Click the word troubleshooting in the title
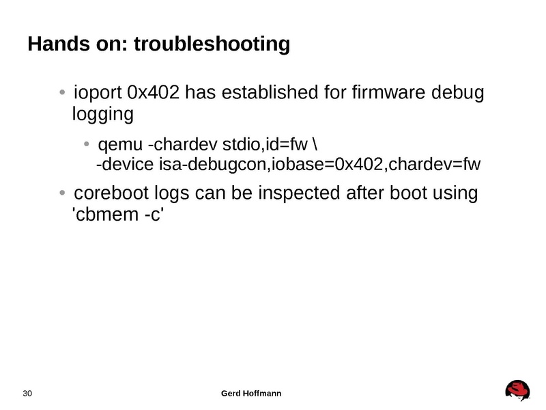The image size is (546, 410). pos(212,45)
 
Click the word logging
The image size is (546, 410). pos(102,114)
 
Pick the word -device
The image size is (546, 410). pos(126,165)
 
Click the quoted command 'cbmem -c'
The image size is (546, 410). pos(117,215)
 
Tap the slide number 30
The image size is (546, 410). pos(28,394)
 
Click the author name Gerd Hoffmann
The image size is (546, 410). pos(253,394)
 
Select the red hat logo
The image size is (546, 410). pos(518,390)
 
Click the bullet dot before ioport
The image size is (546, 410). pos(62,93)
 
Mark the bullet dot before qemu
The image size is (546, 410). pos(87,145)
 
